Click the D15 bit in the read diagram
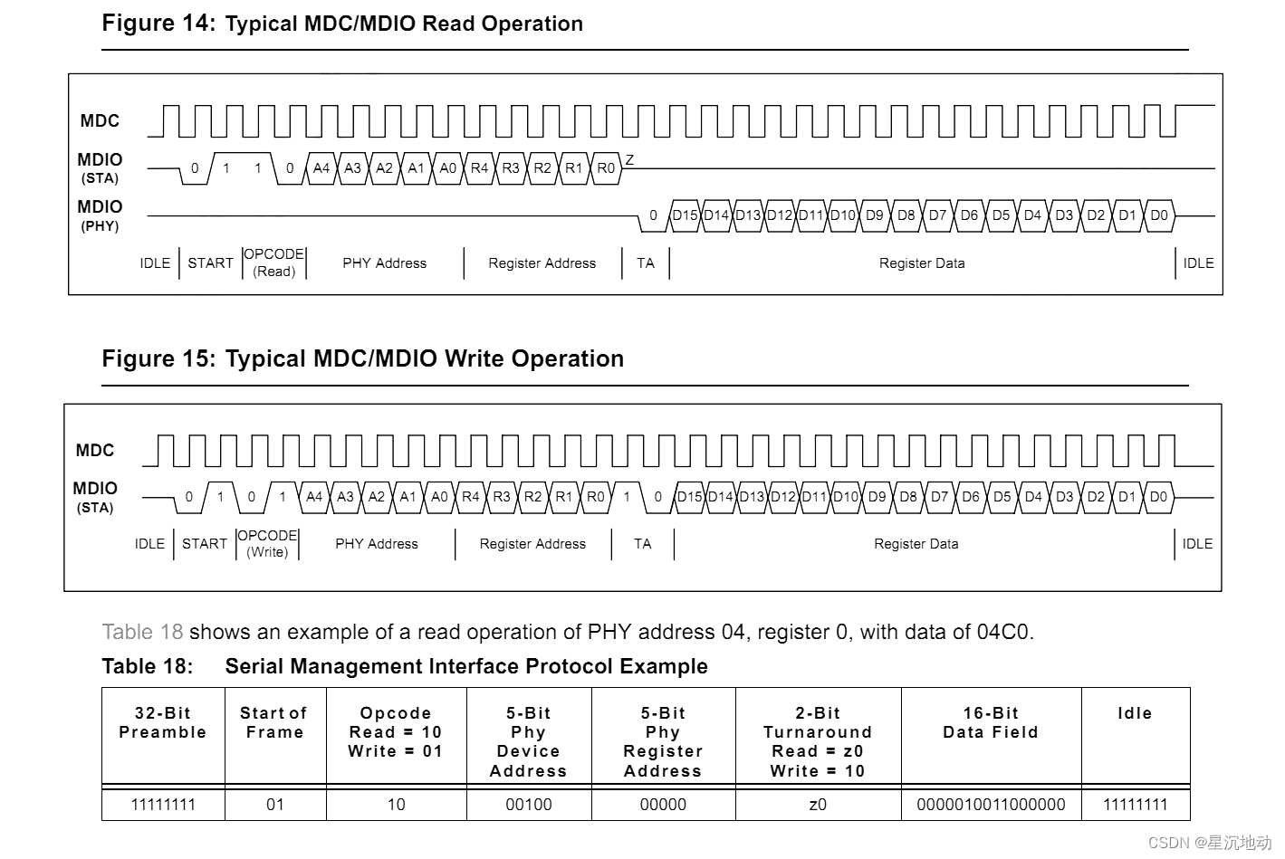(x=685, y=215)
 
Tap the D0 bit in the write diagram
(x=1158, y=497)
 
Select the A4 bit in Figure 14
(x=321, y=168)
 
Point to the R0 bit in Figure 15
(x=595, y=497)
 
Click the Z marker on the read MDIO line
(x=629, y=159)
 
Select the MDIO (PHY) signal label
(x=100, y=215)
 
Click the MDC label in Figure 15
(x=95, y=450)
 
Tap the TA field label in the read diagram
(x=645, y=263)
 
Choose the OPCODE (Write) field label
(x=267, y=543)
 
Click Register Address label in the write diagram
(x=532, y=544)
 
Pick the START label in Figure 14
(x=210, y=263)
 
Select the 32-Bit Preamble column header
(x=163, y=722)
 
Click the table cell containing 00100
(x=528, y=805)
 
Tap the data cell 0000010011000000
(x=991, y=805)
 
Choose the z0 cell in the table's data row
(x=818, y=805)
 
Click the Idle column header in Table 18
(x=1135, y=713)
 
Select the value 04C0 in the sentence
(x=1003, y=632)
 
